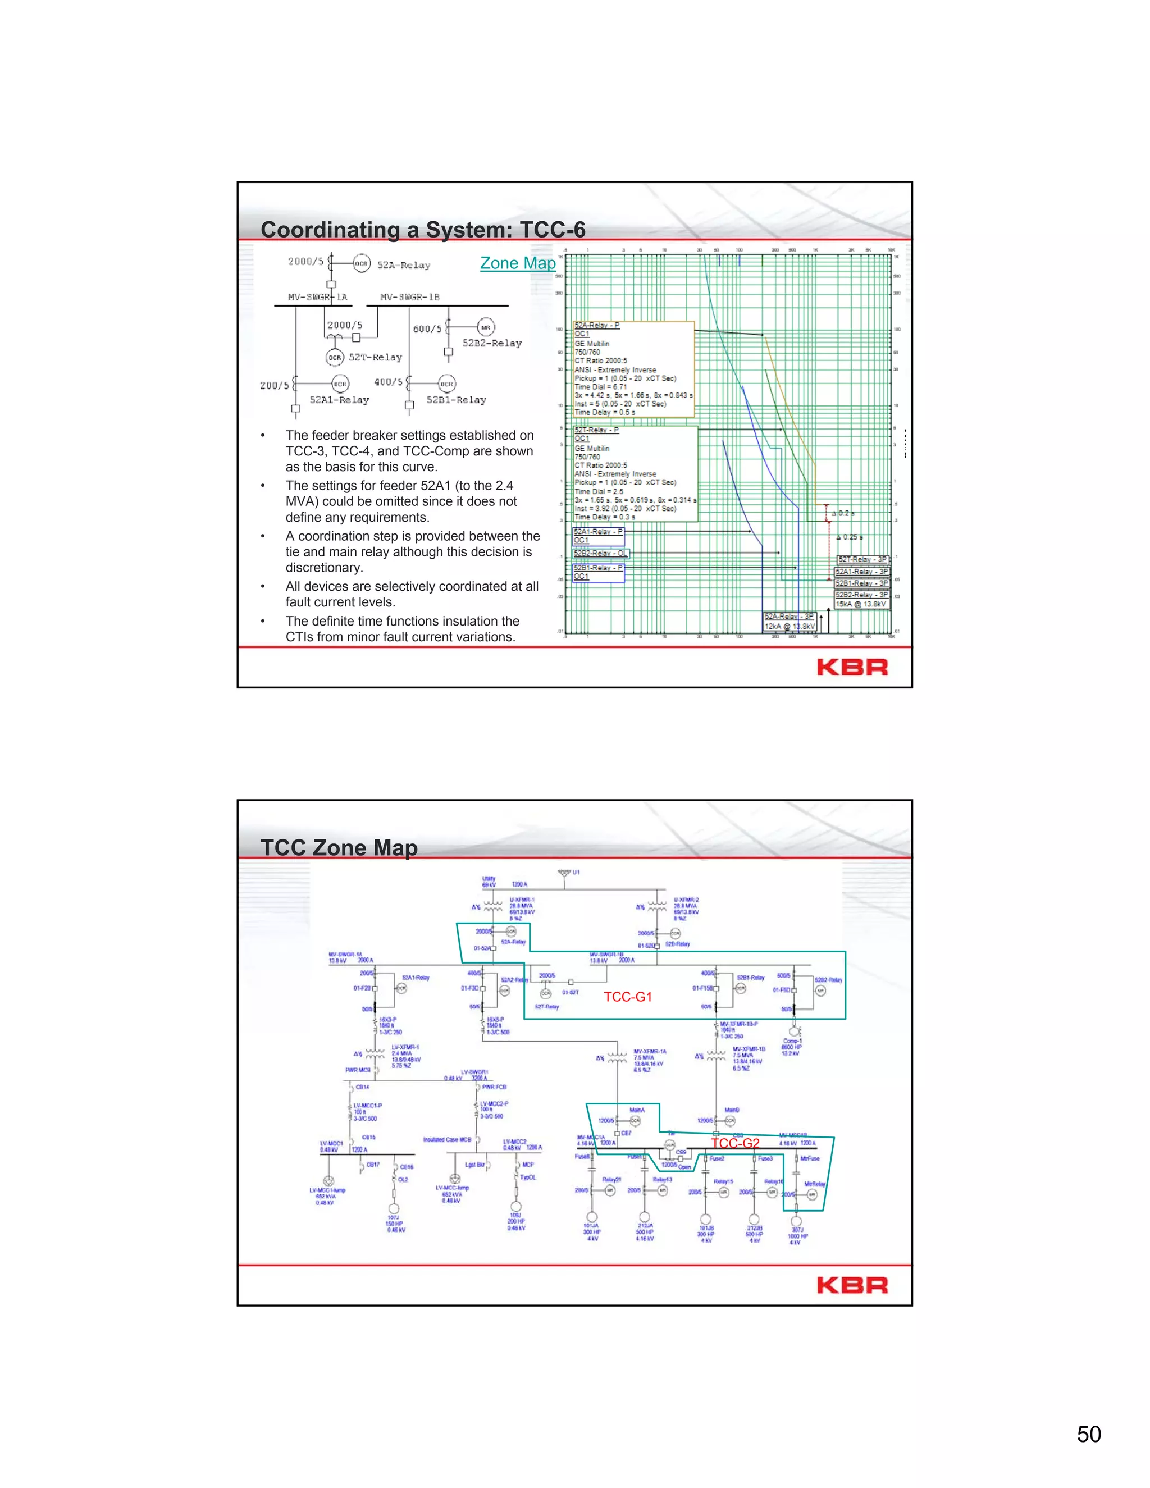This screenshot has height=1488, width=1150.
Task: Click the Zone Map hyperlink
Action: coord(518,264)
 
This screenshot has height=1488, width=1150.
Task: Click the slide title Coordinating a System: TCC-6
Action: coord(422,230)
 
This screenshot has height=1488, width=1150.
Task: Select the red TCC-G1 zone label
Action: coord(627,997)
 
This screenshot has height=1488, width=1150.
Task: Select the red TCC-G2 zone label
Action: coord(734,1143)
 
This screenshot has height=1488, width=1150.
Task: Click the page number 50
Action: coord(1088,1434)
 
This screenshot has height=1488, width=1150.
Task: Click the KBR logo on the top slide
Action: coord(852,667)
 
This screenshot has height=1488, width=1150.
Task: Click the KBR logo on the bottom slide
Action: coord(852,1286)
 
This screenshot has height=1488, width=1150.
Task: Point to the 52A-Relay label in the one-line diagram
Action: coord(403,265)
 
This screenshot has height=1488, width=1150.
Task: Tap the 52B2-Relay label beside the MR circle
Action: coord(492,344)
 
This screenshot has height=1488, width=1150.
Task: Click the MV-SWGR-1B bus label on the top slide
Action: coord(409,297)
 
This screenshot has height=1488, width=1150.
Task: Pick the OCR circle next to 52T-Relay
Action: coord(335,357)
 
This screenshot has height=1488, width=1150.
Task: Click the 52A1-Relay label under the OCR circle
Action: coord(339,400)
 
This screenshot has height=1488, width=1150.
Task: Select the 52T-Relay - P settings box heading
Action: coord(597,430)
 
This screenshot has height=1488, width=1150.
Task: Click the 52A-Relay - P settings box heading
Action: coord(597,326)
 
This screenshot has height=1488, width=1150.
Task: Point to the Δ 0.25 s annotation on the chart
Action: coord(849,537)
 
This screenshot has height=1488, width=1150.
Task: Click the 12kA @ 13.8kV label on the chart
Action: coord(789,626)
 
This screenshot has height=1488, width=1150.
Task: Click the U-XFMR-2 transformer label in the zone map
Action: coord(686,900)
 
